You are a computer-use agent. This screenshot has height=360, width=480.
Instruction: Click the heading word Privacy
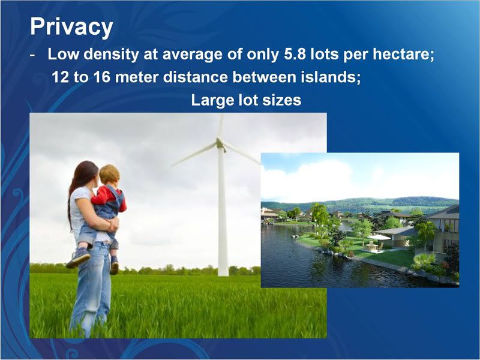tap(71, 27)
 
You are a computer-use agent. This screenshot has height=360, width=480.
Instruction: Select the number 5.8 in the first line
tap(295, 54)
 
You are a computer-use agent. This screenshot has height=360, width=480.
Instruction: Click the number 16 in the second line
tap(102, 77)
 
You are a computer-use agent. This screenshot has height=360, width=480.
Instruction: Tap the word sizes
tap(283, 100)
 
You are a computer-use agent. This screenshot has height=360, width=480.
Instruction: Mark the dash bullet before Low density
tap(33, 56)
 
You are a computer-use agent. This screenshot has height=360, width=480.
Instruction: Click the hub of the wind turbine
tap(220, 143)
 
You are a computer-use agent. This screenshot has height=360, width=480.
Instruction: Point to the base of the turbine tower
tap(223, 274)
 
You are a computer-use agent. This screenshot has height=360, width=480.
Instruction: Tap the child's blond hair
tap(109, 175)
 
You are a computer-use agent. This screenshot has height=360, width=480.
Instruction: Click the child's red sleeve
tap(101, 197)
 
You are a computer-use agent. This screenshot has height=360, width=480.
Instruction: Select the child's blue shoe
tap(78, 258)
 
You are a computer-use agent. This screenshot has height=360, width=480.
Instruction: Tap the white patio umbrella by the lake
tap(379, 237)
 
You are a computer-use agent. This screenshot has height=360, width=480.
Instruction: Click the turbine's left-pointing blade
tap(194, 155)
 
